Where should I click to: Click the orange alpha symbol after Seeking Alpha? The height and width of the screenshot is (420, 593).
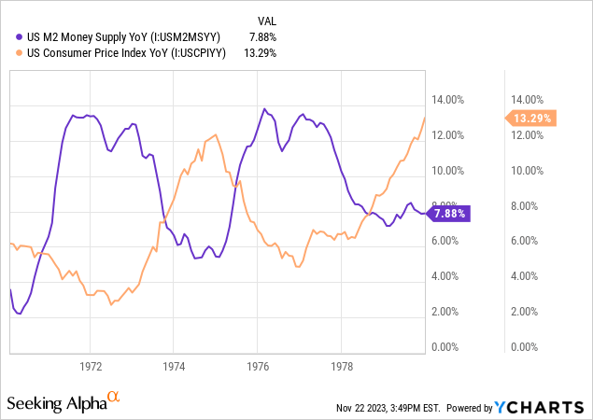click(x=114, y=398)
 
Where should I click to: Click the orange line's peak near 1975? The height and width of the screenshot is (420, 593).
click(x=216, y=135)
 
